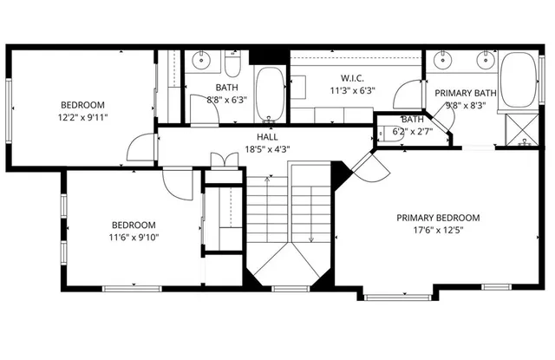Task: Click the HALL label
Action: (x=266, y=137)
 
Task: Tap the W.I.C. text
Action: (x=351, y=78)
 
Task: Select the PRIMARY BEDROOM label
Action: (x=438, y=219)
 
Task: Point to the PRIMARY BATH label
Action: (x=465, y=94)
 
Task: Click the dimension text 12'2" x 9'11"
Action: (x=82, y=116)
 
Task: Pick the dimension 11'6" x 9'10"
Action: (x=134, y=237)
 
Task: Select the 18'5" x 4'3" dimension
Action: (x=266, y=148)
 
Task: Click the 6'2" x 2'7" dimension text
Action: (x=412, y=131)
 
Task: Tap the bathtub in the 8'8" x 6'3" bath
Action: (x=270, y=94)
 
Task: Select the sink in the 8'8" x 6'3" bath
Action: (x=201, y=61)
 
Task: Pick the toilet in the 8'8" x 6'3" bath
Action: (x=233, y=64)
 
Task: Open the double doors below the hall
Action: (x=223, y=160)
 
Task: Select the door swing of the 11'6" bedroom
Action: (x=180, y=181)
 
